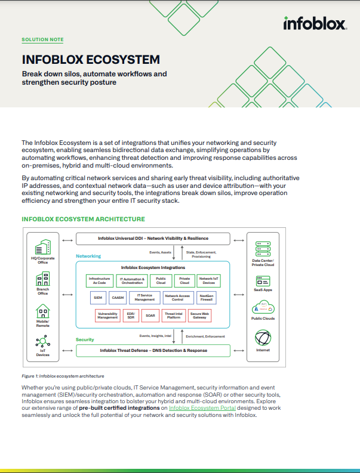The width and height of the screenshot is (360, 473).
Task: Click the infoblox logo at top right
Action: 315,24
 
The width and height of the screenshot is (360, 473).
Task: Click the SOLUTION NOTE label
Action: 42,40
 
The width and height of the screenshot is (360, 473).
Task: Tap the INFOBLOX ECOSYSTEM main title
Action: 91,60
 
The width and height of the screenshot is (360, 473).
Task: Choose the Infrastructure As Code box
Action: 99,280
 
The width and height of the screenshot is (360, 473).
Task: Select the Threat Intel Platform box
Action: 174,314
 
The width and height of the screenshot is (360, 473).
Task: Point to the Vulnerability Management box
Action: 107,314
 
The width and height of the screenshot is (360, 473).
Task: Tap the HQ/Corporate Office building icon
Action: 42,246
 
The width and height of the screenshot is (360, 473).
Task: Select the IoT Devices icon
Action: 42,341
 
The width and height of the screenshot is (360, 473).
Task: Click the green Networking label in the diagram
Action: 88,256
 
